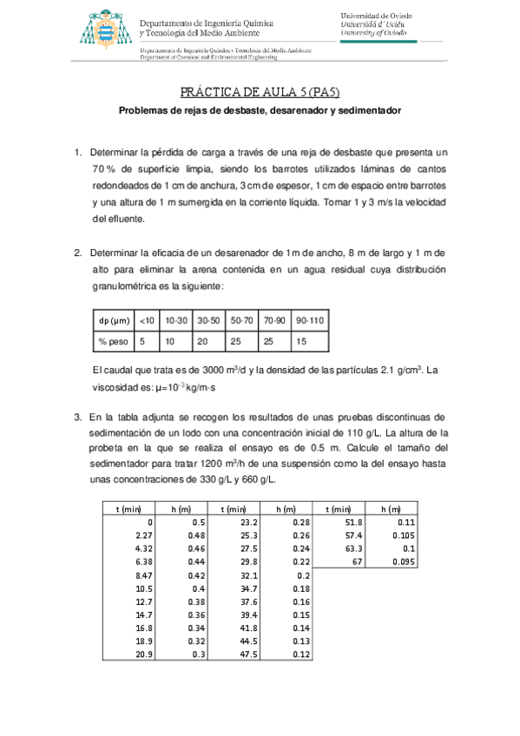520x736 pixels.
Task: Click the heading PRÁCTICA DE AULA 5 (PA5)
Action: [260, 93]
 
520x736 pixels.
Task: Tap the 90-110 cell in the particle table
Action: [310, 320]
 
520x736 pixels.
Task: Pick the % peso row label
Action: [113, 341]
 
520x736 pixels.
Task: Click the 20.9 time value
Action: [143, 654]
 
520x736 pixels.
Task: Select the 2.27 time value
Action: [143, 536]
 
